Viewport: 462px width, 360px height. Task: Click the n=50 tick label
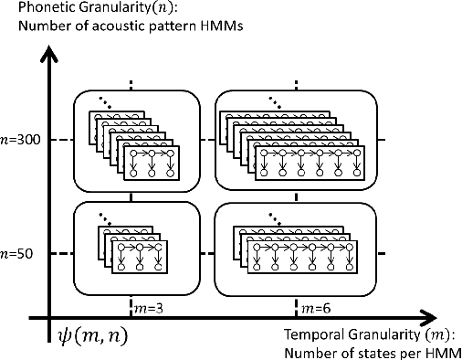(x=16, y=254)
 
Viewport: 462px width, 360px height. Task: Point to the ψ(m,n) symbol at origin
(x=89, y=336)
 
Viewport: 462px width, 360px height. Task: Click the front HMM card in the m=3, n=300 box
(x=150, y=161)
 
